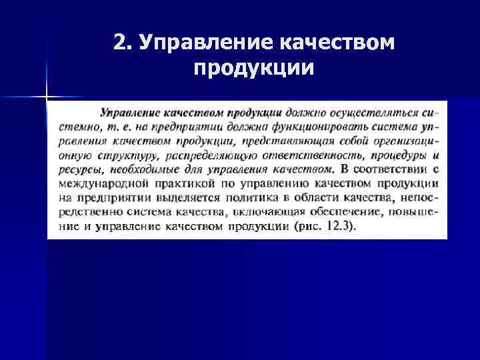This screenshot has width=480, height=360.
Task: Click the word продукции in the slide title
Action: [x=254, y=69]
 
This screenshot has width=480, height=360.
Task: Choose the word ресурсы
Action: [x=80, y=169]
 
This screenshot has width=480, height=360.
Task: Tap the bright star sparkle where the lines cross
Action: [x=47, y=97]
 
